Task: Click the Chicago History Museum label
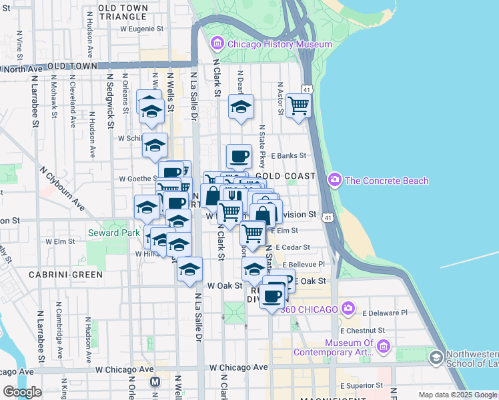(x=280, y=45)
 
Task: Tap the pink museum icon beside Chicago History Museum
(x=217, y=45)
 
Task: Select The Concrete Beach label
(x=386, y=181)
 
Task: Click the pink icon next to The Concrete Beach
(x=335, y=180)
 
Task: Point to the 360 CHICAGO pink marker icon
(x=348, y=308)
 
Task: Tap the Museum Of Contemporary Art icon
(x=383, y=346)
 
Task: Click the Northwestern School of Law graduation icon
(x=436, y=358)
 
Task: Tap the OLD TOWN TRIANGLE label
(x=131, y=11)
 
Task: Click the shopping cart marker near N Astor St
(x=298, y=105)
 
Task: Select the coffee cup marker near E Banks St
(x=239, y=157)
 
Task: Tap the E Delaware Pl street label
(x=385, y=312)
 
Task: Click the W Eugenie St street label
(x=141, y=29)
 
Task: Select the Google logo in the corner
(x=22, y=392)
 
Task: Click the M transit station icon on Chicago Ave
(x=155, y=381)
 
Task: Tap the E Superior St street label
(x=361, y=385)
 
